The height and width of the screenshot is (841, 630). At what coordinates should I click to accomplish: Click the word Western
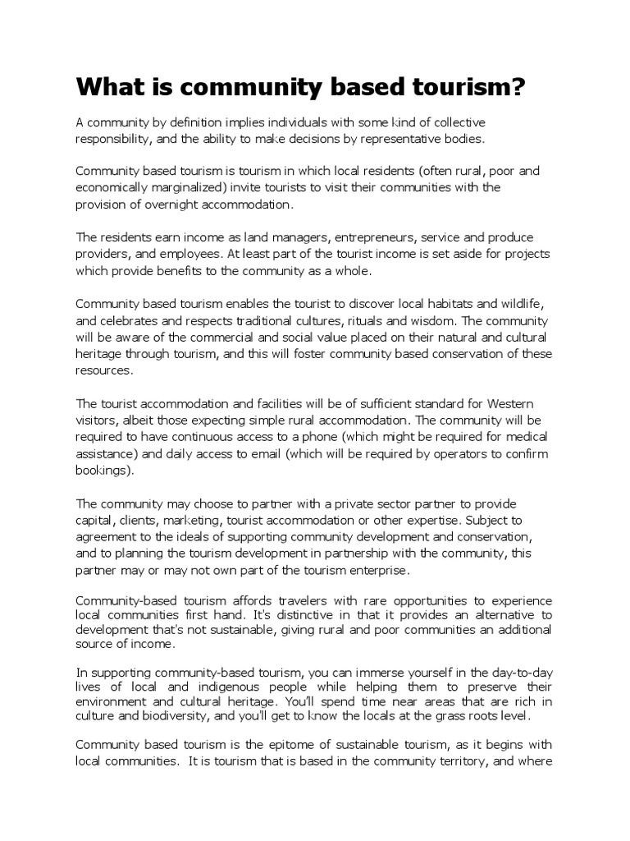pos(510,404)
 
